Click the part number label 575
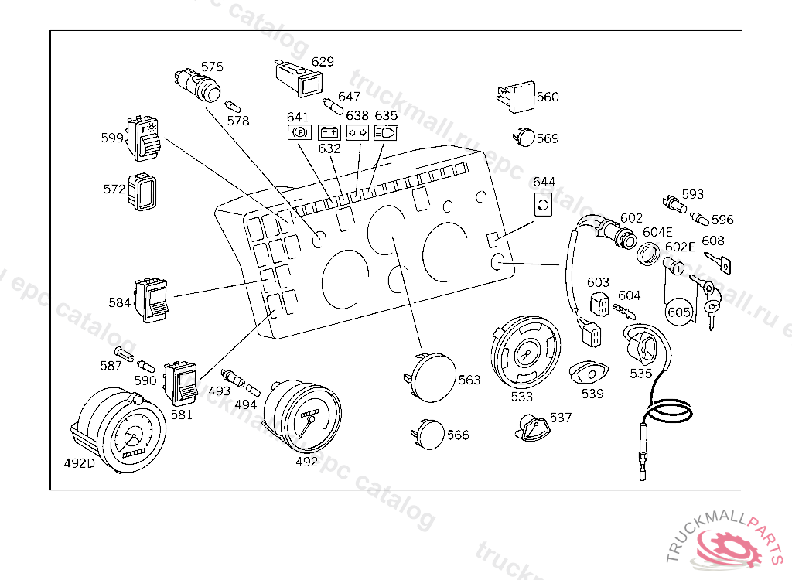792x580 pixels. pos(212,67)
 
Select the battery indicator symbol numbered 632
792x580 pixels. pos(329,132)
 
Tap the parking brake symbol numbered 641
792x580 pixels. pos(299,132)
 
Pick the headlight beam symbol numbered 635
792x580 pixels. pos(385,132)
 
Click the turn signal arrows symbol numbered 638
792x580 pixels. pos(357,132)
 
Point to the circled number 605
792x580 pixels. pos(678,312)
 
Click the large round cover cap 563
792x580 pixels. pos(432,377)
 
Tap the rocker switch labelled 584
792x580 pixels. pos(151,299)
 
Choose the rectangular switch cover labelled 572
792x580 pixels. pos(142,192)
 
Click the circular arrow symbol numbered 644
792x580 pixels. pos(543,205)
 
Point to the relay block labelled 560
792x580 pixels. pos(515,97)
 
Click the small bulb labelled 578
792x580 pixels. pos(232,107)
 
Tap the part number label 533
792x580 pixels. pos(522,397)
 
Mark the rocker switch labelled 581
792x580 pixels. pos(180,383)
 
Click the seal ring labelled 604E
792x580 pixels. pos(648,254)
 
